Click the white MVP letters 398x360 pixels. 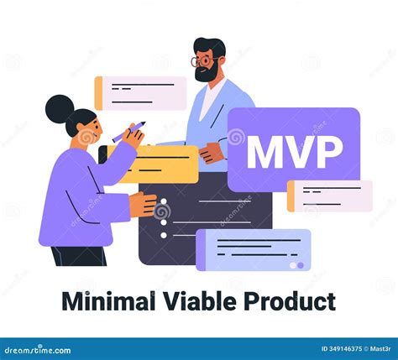[x=294, y=152]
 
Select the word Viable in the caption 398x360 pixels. [x=198, y=301]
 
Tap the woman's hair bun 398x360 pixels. [x=59, y=107]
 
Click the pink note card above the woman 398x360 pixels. [x=140, y=93]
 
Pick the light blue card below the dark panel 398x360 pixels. [x=252, y=249]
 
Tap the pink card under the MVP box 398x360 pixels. [x=331, y=196]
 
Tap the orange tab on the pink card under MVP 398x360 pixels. [x=291, y=196]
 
